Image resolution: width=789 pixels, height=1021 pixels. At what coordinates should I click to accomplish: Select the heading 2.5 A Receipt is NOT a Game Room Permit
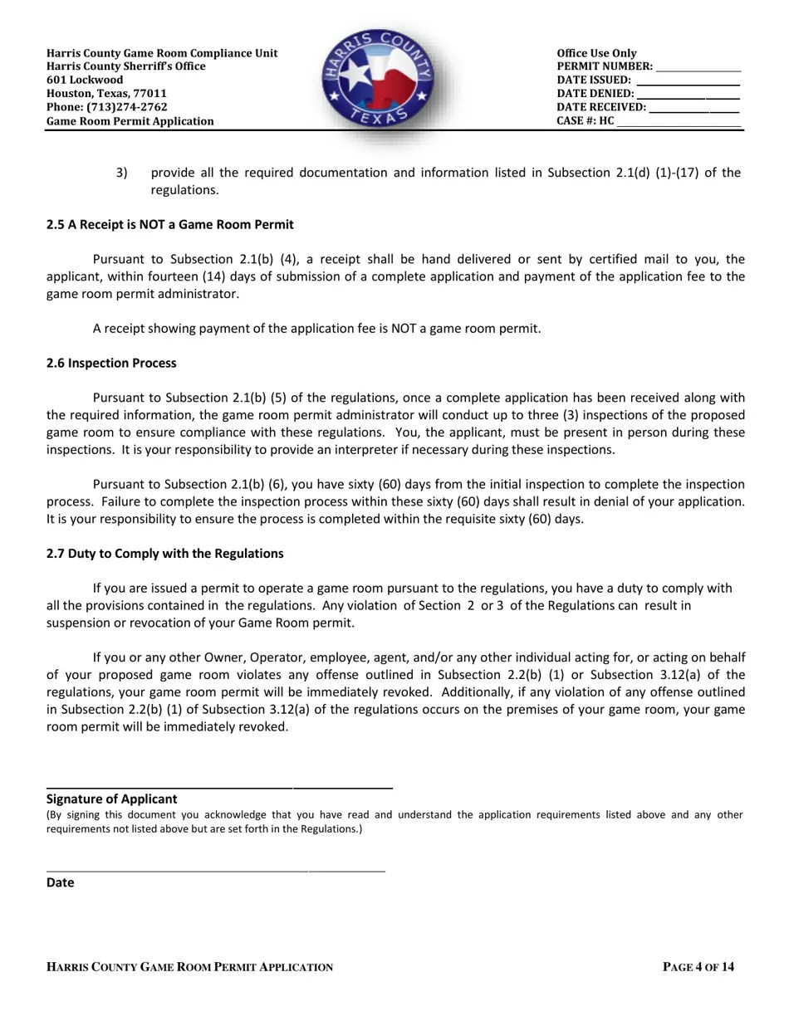tap(169, 225)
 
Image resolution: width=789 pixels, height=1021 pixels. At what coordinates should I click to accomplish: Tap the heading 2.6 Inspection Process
tap(111, 364)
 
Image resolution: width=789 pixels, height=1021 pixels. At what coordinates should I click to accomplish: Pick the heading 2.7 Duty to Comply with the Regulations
tap(164, 554)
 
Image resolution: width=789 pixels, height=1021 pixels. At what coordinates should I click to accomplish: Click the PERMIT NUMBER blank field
tap(698, 68)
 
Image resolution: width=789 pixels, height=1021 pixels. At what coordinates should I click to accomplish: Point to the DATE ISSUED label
tap(594, 81)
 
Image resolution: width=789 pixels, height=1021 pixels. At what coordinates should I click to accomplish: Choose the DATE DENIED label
tap(595, 94)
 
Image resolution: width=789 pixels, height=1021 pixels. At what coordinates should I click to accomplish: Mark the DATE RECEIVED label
tap(601, 107)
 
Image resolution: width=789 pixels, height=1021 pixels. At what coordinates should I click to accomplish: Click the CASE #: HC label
tap(586, 121)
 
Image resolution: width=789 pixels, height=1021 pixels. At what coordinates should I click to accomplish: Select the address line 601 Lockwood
tap(85, 80)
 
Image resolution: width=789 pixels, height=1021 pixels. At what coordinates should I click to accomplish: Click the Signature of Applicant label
tap(111, 799)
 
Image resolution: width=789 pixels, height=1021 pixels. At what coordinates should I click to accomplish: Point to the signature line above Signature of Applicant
tap(219, 787)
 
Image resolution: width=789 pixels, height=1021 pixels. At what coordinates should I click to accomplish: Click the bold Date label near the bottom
tap(60, 883)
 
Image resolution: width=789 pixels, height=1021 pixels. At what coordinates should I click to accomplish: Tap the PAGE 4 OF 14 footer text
tap(698, 967)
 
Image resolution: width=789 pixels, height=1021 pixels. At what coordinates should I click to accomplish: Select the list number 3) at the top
tap(122, 173)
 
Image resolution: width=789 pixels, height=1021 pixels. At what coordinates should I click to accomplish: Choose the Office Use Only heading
tap(596, 53)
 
